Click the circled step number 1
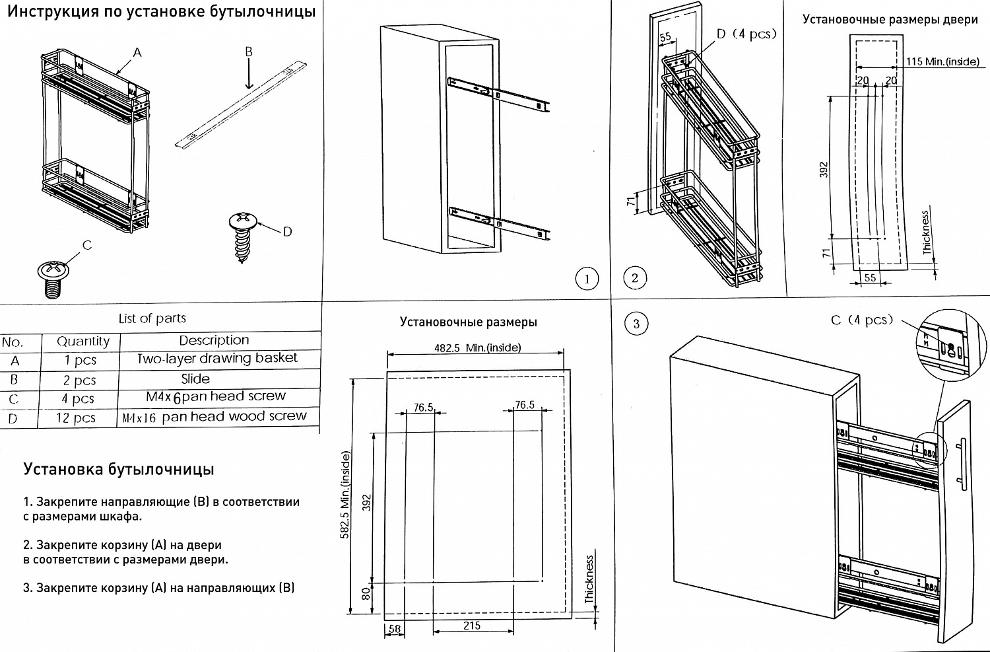(x=587, y=279)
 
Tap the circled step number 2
(x=635, y=277)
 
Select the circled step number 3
(x=636, y=324)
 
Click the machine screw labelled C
(x=53, y=277)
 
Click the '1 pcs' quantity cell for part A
(x=81, y=361)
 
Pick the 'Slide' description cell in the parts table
(x=195, y=379)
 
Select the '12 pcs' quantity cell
(x=76, y=418)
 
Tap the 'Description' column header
(x=214, y=340)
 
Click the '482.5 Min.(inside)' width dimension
(x=477, y=347)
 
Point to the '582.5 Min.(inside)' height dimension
(x=345, y=495)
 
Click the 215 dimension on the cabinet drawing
(x=472, y=626)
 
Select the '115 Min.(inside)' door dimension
(x=942, y=61)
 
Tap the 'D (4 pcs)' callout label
(x=746, y=34)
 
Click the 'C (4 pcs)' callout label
(x=861, y=320)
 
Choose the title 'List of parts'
(x=152, y=318)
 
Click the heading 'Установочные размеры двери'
(x=890, y=19)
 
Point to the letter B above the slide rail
(x=249, y=52)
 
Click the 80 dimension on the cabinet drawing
(x=366, y=593)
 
